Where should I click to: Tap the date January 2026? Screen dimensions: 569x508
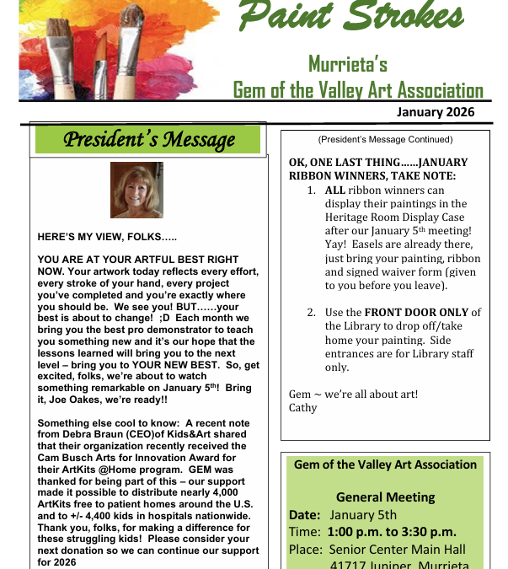[x=436, y=111]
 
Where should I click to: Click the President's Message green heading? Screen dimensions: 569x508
[x=148, y=139]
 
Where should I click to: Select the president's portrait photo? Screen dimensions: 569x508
[x=136, y=190]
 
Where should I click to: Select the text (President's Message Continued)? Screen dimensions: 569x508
[x=385, y=140]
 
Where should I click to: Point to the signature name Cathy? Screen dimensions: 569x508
[x=303, y=407]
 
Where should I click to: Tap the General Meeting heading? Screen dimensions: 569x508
[x=385, y=497]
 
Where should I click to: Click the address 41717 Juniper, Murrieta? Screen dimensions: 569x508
[x=400, y=564]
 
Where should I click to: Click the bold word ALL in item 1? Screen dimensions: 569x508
[x=334, y=191]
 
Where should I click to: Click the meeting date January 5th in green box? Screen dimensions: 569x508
[x=363, y=515]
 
